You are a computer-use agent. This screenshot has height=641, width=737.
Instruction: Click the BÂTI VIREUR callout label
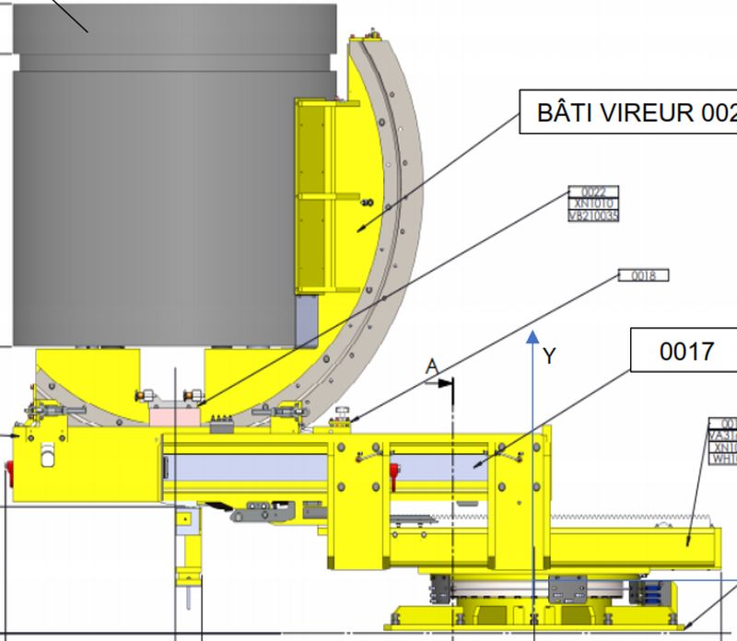click(636, 112)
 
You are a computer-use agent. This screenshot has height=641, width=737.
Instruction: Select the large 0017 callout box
click(685, 351)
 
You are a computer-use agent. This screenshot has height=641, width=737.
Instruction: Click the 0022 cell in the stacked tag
click(594, 192)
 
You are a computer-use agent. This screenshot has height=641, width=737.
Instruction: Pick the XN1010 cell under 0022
click(594, 204)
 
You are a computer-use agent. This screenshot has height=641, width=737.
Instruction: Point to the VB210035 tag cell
click(594, 216)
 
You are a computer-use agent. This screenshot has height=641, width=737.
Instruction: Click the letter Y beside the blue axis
click(550, 356)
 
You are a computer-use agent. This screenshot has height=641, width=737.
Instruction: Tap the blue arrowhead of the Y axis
click(532, 337)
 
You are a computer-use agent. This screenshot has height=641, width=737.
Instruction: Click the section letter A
click(431, 367)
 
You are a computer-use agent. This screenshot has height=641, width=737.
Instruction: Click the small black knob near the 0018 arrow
click(343, 411)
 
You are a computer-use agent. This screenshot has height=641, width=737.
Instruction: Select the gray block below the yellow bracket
click(305, 320)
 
